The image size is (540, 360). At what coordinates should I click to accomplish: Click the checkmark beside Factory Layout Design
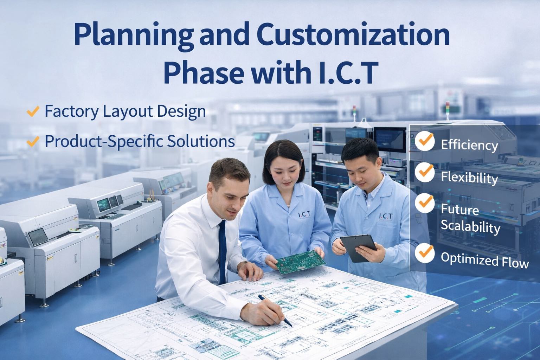(32, 112)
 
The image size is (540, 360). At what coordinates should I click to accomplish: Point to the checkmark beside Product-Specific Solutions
(32, 142)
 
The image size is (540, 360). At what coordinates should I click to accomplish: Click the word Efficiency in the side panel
(469, 145)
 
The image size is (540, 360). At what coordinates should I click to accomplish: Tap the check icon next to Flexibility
(424, 171)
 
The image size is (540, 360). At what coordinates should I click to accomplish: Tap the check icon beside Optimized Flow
(424, 252)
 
